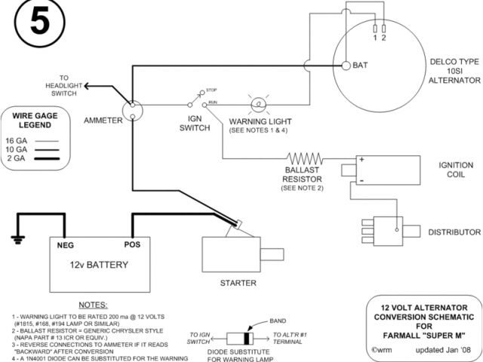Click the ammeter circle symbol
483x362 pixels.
pos(132,111)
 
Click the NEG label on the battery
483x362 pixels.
pos(65,245)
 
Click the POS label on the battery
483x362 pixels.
pos(133,245)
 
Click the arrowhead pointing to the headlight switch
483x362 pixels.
pos(88,87)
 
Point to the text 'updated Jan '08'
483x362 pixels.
pos(441,351)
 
